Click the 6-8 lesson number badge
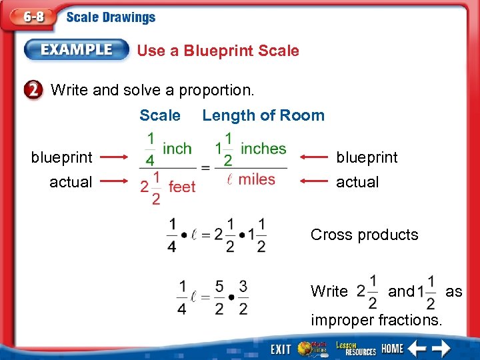click(30, 17)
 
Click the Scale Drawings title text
click(111, 17)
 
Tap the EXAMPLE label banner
click(77, 49)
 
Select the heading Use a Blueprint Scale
click(218, 51)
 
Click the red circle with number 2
click(34, 89)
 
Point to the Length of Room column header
click(263, 115)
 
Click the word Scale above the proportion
click(160, 115)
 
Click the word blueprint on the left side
click(62, 157)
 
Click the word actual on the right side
click(357, 182)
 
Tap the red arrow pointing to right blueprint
click(315, 157)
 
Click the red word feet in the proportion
click(182, 187)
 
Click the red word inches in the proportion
click(263, 148)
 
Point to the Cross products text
click(365, 235)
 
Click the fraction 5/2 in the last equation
click(219, 297)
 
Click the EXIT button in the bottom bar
click(281, 349)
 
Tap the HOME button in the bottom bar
click(393, 349)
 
